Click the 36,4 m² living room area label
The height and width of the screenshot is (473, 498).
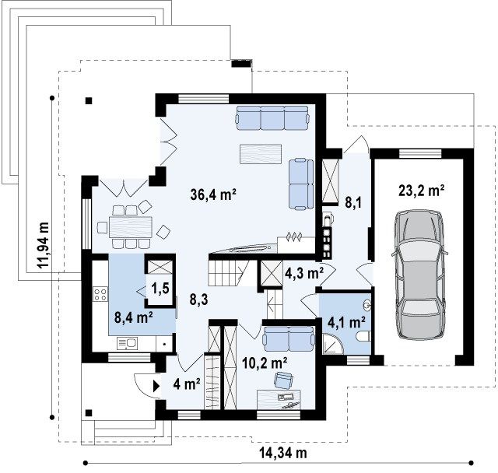213,194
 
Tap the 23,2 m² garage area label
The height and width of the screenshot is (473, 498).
421,191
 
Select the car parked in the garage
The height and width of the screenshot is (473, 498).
419,275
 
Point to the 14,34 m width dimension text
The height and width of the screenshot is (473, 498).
283,453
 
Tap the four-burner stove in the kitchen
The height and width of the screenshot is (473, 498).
100,294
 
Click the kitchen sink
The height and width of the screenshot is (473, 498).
127,344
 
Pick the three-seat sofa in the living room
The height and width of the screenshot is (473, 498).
272,118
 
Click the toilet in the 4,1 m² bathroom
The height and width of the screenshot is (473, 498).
363,337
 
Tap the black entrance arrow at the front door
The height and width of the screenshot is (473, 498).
156,386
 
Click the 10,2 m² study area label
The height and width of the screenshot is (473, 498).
265,363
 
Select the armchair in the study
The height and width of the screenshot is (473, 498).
283,380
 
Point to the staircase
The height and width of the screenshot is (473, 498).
229,273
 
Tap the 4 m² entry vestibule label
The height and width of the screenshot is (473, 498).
187,384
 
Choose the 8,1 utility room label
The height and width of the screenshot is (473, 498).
353,203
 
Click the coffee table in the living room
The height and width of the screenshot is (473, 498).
261,154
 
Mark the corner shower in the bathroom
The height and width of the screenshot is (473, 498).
333,344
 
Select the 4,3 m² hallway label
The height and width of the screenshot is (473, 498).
304,273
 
